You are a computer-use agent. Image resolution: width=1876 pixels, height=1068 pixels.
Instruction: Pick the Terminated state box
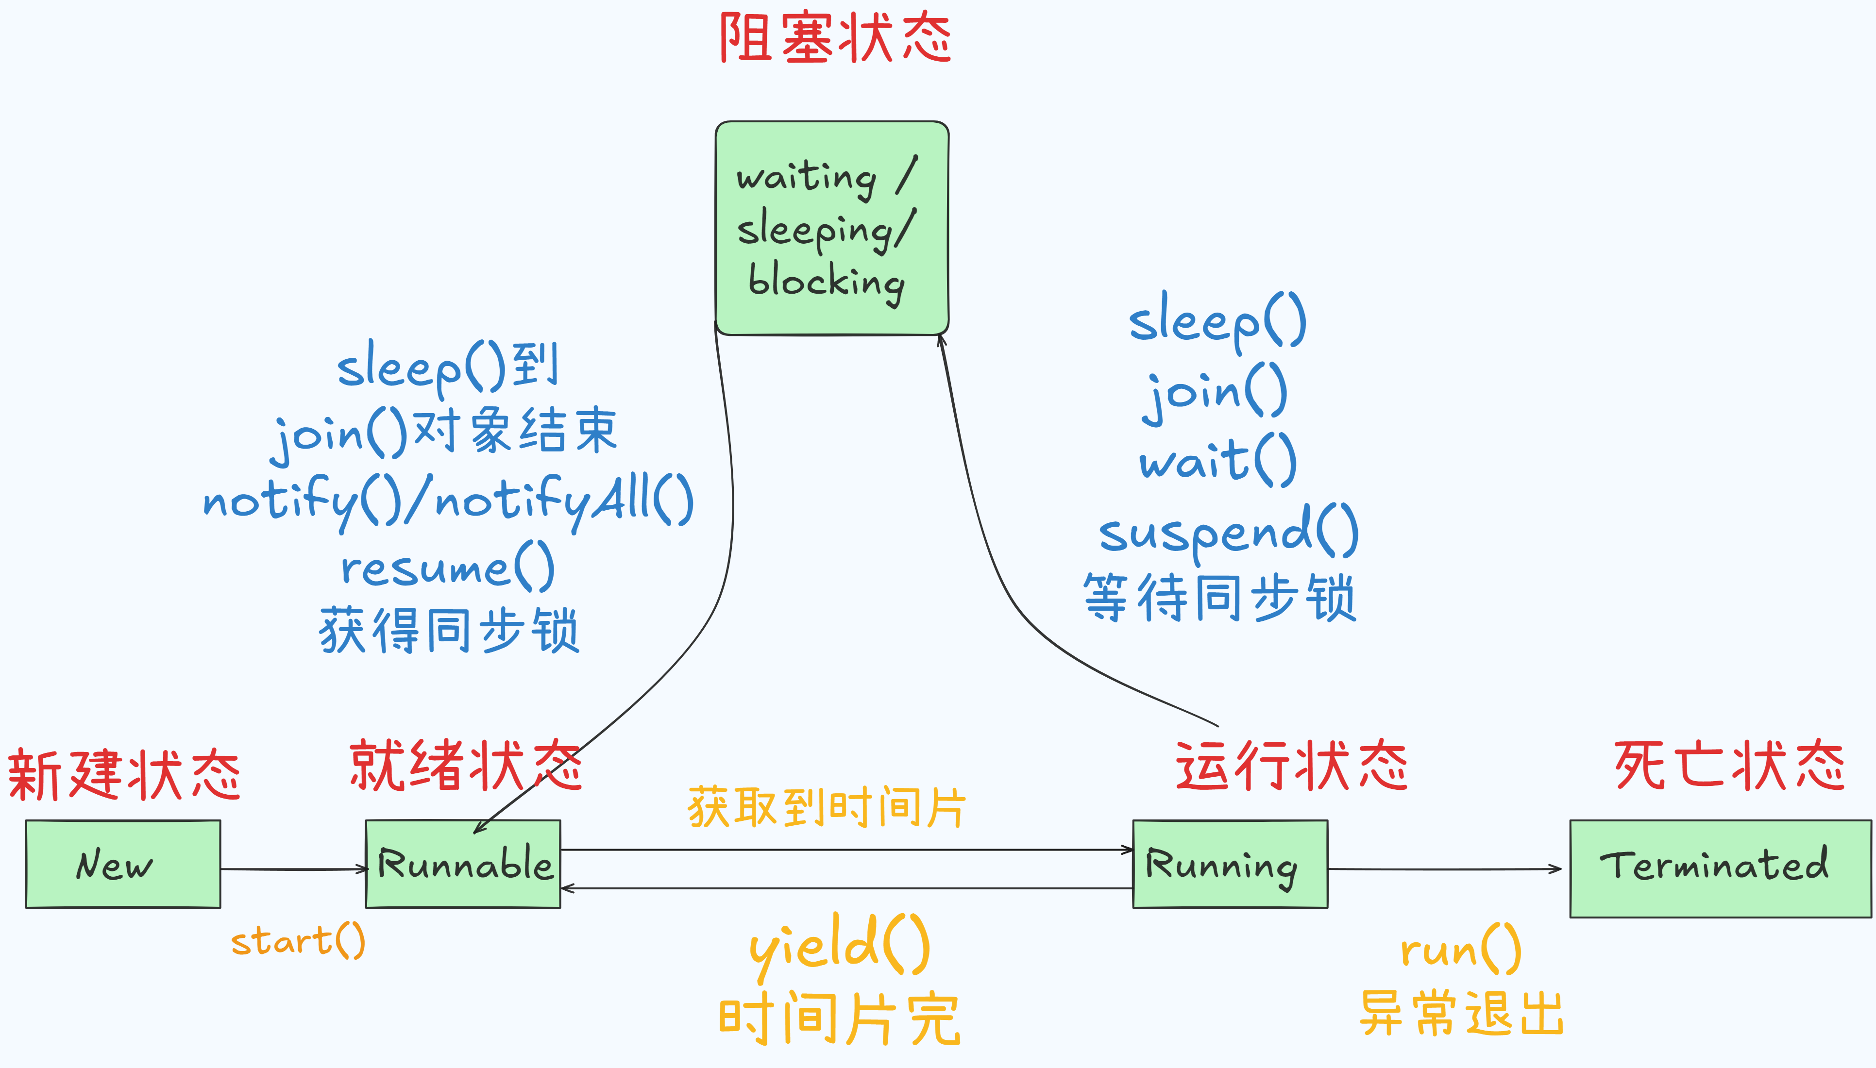click(1719, 868)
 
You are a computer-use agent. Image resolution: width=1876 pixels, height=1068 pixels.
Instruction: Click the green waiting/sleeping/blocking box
click(831, 228)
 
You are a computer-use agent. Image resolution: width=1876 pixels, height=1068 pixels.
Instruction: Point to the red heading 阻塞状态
click(835, 38)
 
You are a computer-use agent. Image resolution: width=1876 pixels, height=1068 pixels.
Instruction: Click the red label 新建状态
click(123, 775)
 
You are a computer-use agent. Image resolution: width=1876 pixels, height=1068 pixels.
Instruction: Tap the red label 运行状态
click(1291, 767)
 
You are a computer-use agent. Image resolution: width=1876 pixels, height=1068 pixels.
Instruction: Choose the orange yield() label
click(840, 946)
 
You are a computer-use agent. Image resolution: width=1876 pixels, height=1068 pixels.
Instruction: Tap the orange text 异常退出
click(1461, 1013)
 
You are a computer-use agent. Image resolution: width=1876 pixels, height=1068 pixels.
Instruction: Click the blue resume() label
click(448, 567)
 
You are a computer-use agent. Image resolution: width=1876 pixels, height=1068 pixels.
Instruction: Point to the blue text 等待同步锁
click(1219, 598)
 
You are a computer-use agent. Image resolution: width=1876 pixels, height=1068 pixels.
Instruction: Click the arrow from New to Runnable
click(293, 869)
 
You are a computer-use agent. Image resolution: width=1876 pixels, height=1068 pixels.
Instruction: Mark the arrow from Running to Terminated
click(1444, 869)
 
